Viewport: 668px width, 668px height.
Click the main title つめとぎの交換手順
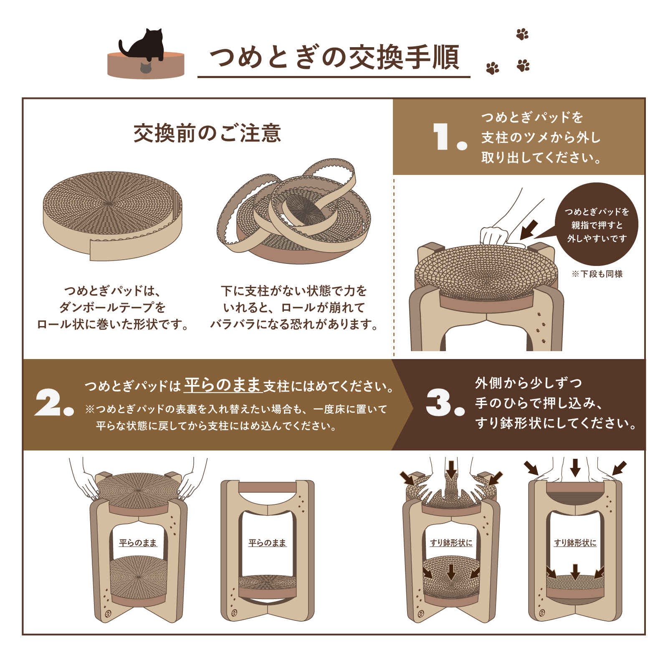coord(334,57)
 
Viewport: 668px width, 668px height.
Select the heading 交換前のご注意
coord(207,133)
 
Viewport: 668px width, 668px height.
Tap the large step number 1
coord(440,136)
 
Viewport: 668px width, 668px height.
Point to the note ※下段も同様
coord(597,274)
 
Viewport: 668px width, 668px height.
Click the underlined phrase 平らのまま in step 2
coord(223,385)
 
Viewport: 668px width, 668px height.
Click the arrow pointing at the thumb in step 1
coord(529,230)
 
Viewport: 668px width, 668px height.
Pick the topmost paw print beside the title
coord(522,34)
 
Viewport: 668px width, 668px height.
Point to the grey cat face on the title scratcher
coord(145,68)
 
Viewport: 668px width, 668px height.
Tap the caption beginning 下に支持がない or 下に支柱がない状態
coord(294,307)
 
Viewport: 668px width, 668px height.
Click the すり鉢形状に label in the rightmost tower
coord(575,543)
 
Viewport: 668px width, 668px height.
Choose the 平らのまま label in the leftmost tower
coord(138,543)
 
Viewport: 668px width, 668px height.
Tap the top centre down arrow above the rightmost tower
coord(575,468)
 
